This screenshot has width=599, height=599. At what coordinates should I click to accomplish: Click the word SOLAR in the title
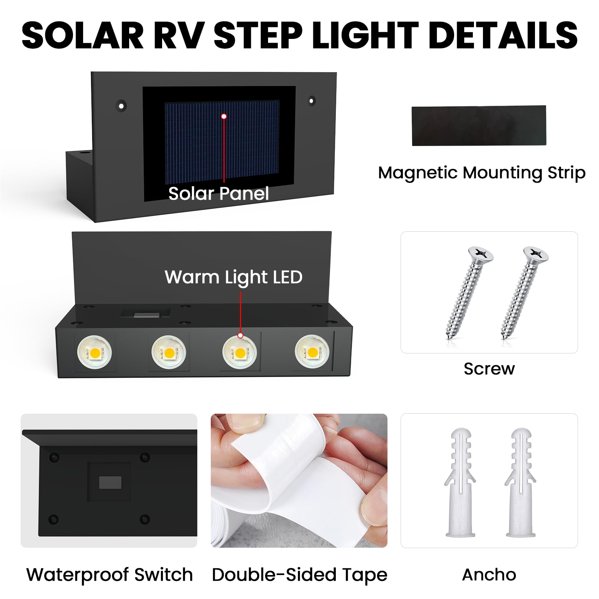pyautogui.click(x=83, y=35)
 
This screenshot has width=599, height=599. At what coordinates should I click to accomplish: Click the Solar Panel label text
pyautogui.click(x=219, y=194)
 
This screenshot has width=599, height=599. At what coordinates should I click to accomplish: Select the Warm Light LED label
pyautogui.click(x=233, y=277)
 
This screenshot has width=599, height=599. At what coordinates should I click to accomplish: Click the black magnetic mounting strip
pyautogui.click(x=479, y=125)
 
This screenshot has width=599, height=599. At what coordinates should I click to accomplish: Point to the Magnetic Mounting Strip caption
pyautogui.click(x=482, y=173)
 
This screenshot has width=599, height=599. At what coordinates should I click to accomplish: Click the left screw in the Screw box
pyautogui.click(x=469, y=292)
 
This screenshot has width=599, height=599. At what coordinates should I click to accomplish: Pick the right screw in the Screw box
pyautogui.click(x=524, y=292)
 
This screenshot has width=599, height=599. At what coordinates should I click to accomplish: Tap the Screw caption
pyautogui.click(x=489, y=369)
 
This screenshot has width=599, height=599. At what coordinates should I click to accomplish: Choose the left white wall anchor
pyautogui.click(x=460, y=483)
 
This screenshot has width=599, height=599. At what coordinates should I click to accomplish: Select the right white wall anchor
pyautogui.click(x=520, y=483)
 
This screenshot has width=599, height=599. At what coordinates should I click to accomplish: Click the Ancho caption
pyautogui.click(x=489, y=575)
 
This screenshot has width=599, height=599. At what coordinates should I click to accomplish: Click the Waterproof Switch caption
pyautogui.click(x=109, y=575)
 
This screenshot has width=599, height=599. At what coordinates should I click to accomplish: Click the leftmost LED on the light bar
pyautogui.click(x=94, y=352)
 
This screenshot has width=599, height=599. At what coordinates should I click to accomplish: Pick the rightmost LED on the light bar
pyautogui.click(x=312, y=352)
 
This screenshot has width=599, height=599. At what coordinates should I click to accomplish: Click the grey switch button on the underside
pyautogui.click(x=110, y=483)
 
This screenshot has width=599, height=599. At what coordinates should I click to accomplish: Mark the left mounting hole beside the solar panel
pyautogui.click(x=121, y=106)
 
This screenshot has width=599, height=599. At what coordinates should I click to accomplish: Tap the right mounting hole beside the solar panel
pyautogui.click(x=311, y=101)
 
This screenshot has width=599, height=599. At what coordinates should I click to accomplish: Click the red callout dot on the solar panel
pyautogui.click(x=224, y=116)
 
